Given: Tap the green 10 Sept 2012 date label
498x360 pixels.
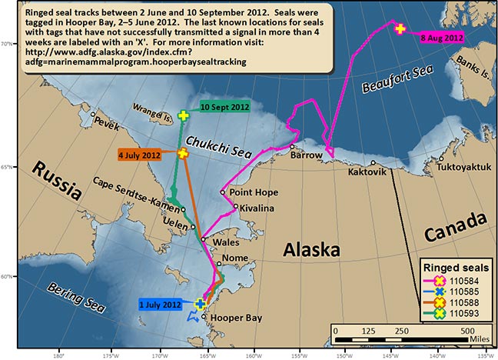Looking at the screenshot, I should point(224,106).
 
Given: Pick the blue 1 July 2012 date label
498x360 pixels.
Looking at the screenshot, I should point(161,304).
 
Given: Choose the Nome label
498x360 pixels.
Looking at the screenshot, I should point(234,258).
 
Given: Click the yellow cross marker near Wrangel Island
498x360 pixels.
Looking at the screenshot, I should point(183,116).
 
